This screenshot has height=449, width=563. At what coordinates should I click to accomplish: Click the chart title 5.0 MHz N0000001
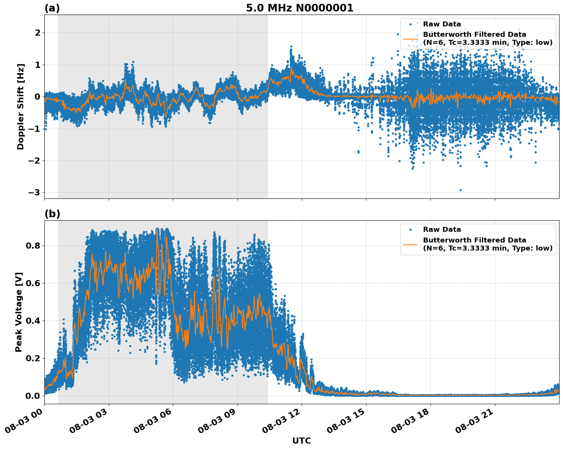click(x=299, y=8)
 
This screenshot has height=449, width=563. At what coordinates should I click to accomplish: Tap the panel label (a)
click(x=52, y=8)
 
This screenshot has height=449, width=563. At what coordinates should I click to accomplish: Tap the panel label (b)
click(x=52, y=214)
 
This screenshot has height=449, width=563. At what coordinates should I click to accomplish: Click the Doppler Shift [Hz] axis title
click(x=21, y=107)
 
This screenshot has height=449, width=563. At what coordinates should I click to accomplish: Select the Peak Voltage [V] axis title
click(x=19, y=312)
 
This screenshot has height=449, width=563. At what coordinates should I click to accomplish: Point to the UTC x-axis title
click(x=301, y=441)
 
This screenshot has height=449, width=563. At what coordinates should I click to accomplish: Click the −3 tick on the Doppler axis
click(x=34, y=192)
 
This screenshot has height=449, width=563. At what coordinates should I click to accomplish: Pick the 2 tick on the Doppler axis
click(x=37, y=33)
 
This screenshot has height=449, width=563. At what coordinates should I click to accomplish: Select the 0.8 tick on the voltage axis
click(x=33, y=246)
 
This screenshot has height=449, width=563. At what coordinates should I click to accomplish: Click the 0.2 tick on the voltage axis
click(x=33, y=358)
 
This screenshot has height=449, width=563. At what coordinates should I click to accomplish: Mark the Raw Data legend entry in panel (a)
click(x=442, y=24)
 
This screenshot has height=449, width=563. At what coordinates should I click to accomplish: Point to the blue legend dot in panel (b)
click(x=411, y=230)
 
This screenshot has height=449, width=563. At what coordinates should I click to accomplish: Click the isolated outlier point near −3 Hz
click(x=460, y=190)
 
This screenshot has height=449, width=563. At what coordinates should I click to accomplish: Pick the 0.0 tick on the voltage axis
click(x=33, y=396)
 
